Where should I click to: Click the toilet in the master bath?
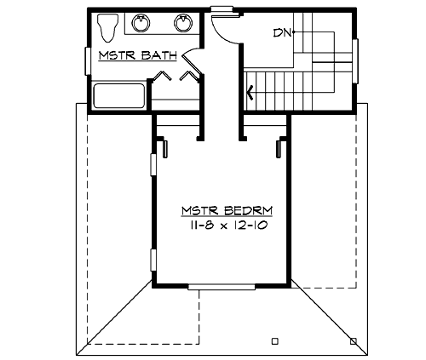106,28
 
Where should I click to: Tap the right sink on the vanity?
182,23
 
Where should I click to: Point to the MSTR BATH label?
137,58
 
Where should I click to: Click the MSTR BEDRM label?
220,209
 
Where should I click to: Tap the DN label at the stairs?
283,33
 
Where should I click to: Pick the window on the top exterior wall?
222,10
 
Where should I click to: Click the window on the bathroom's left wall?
89,60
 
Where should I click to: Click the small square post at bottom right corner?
354,340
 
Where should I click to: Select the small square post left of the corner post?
274,340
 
